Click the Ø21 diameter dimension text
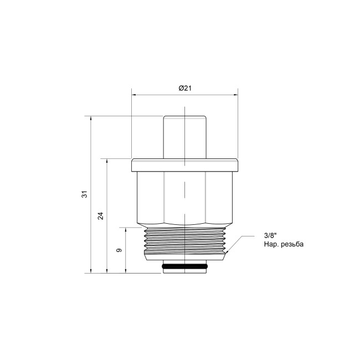tap(184, 89)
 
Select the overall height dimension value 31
tap(85, 194)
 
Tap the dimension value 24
tap(101, 215)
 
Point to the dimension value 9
tap(119, 250)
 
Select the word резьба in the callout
tap(291, 244)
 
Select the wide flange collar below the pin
tap(184, 165)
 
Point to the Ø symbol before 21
tap(181, 89)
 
